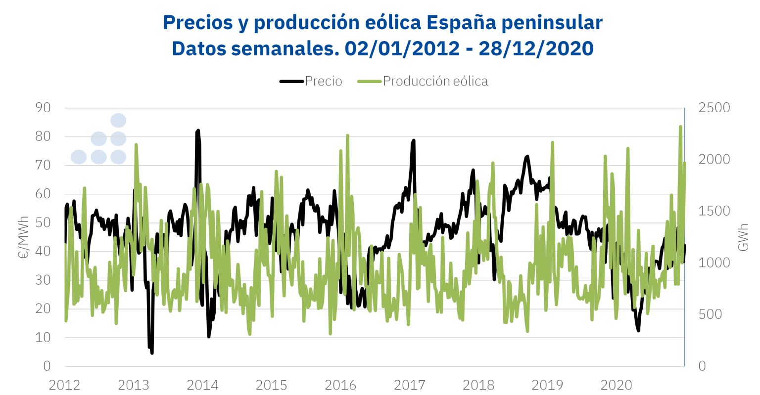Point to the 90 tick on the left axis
click(43, 108)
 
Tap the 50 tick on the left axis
click(43, 222)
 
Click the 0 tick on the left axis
click(47, 366)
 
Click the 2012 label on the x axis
click(64, 385)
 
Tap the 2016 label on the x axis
click(340, 385)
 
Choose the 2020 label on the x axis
click(617, 385)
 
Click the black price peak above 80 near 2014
click(198, 131)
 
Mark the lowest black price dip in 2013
click(151, 352)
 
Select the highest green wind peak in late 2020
click(680, 127)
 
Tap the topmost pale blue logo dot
click(118, 120)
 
